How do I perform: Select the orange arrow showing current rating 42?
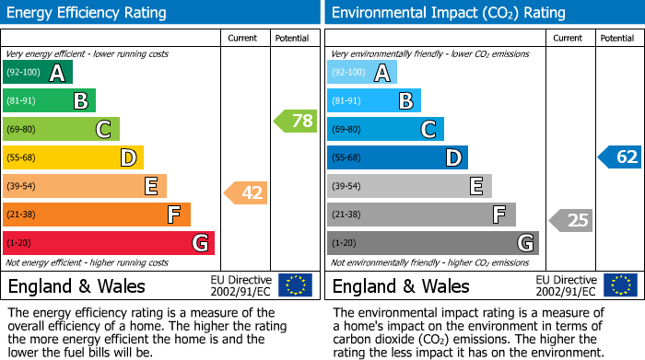point(246,192)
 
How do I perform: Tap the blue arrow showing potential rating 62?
point(619,157)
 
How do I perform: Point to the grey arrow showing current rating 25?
point(570,220)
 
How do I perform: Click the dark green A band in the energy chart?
point(38,73)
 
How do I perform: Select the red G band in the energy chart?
point(109,243)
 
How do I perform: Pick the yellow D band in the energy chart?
point(74,157)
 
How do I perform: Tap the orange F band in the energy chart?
point(97,215)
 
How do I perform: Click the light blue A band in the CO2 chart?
point(362,73)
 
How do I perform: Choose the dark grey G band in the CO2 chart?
point(433,243)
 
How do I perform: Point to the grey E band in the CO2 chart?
point(410,186)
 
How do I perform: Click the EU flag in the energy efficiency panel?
point(295,285)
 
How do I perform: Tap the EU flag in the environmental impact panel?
point(619,285)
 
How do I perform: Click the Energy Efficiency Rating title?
point(88,13)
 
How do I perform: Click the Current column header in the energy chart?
point(243,38)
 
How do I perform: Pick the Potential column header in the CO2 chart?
point(616,38)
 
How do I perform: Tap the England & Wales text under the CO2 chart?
point(401,285)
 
